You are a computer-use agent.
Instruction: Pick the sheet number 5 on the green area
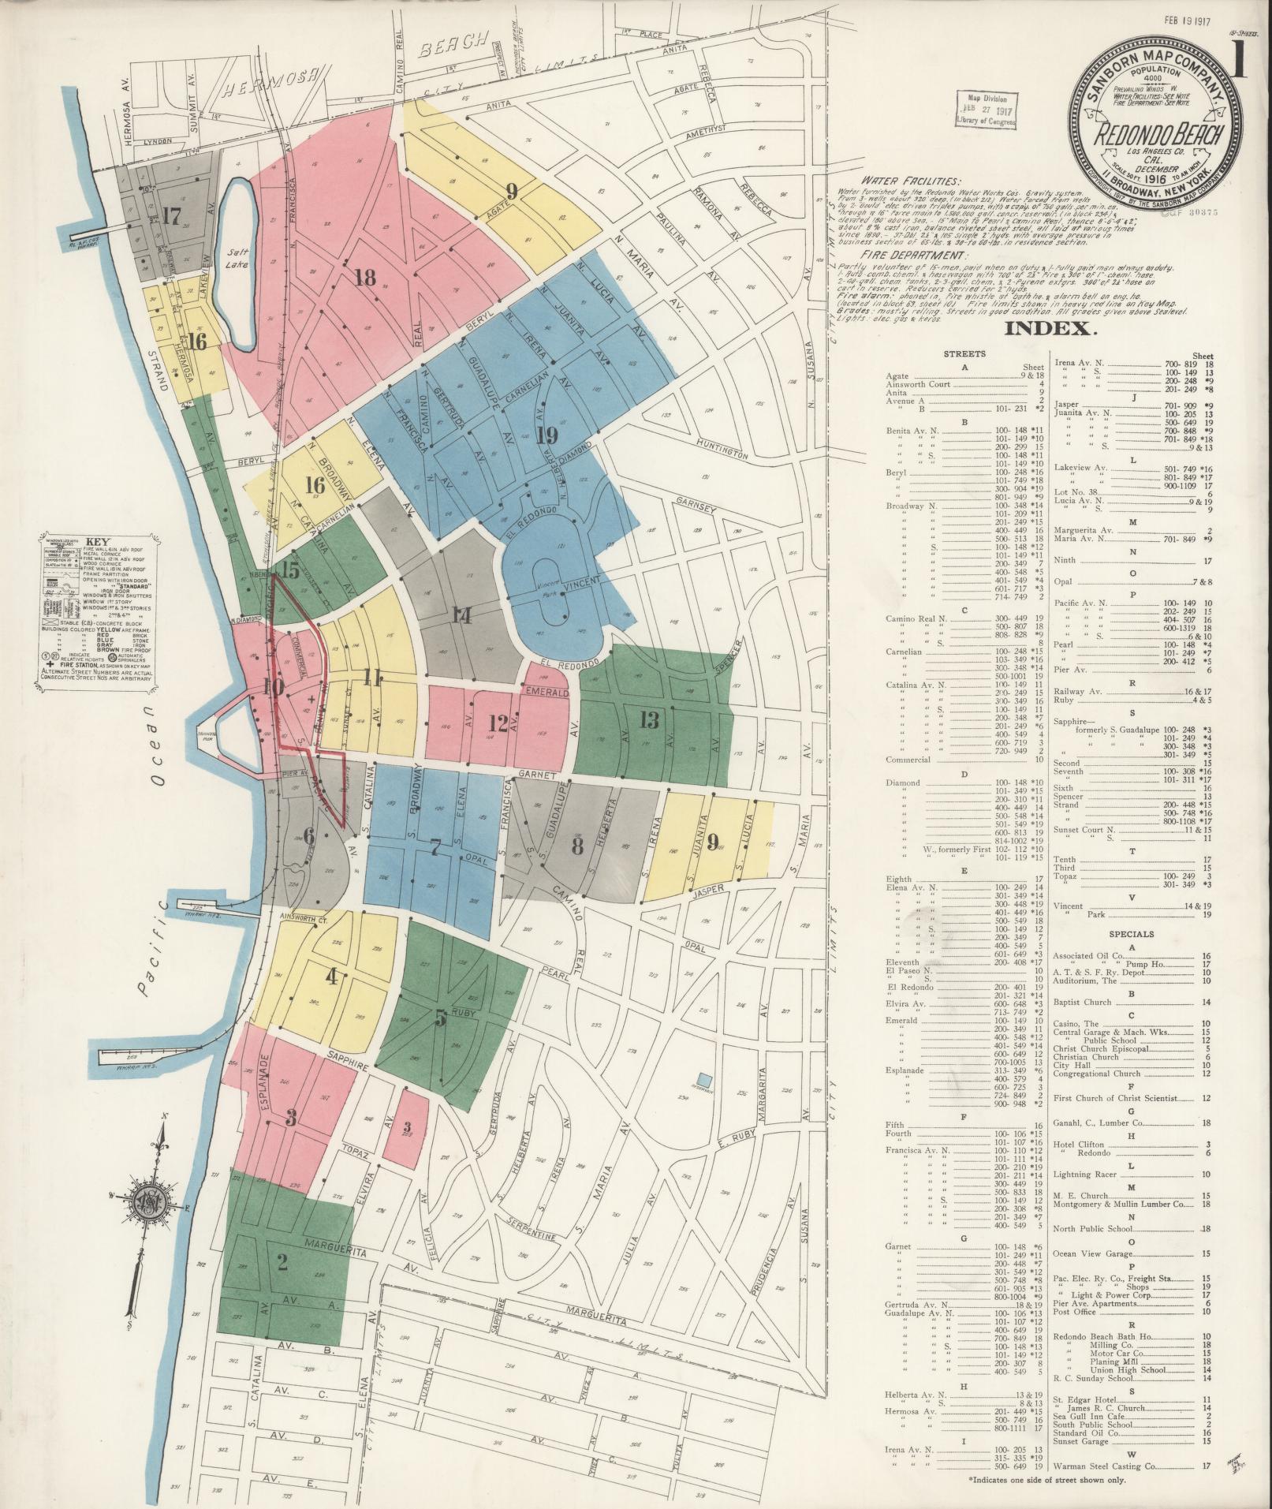(x=441, y=1018)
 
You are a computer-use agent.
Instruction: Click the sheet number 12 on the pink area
(x=498, y=723)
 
